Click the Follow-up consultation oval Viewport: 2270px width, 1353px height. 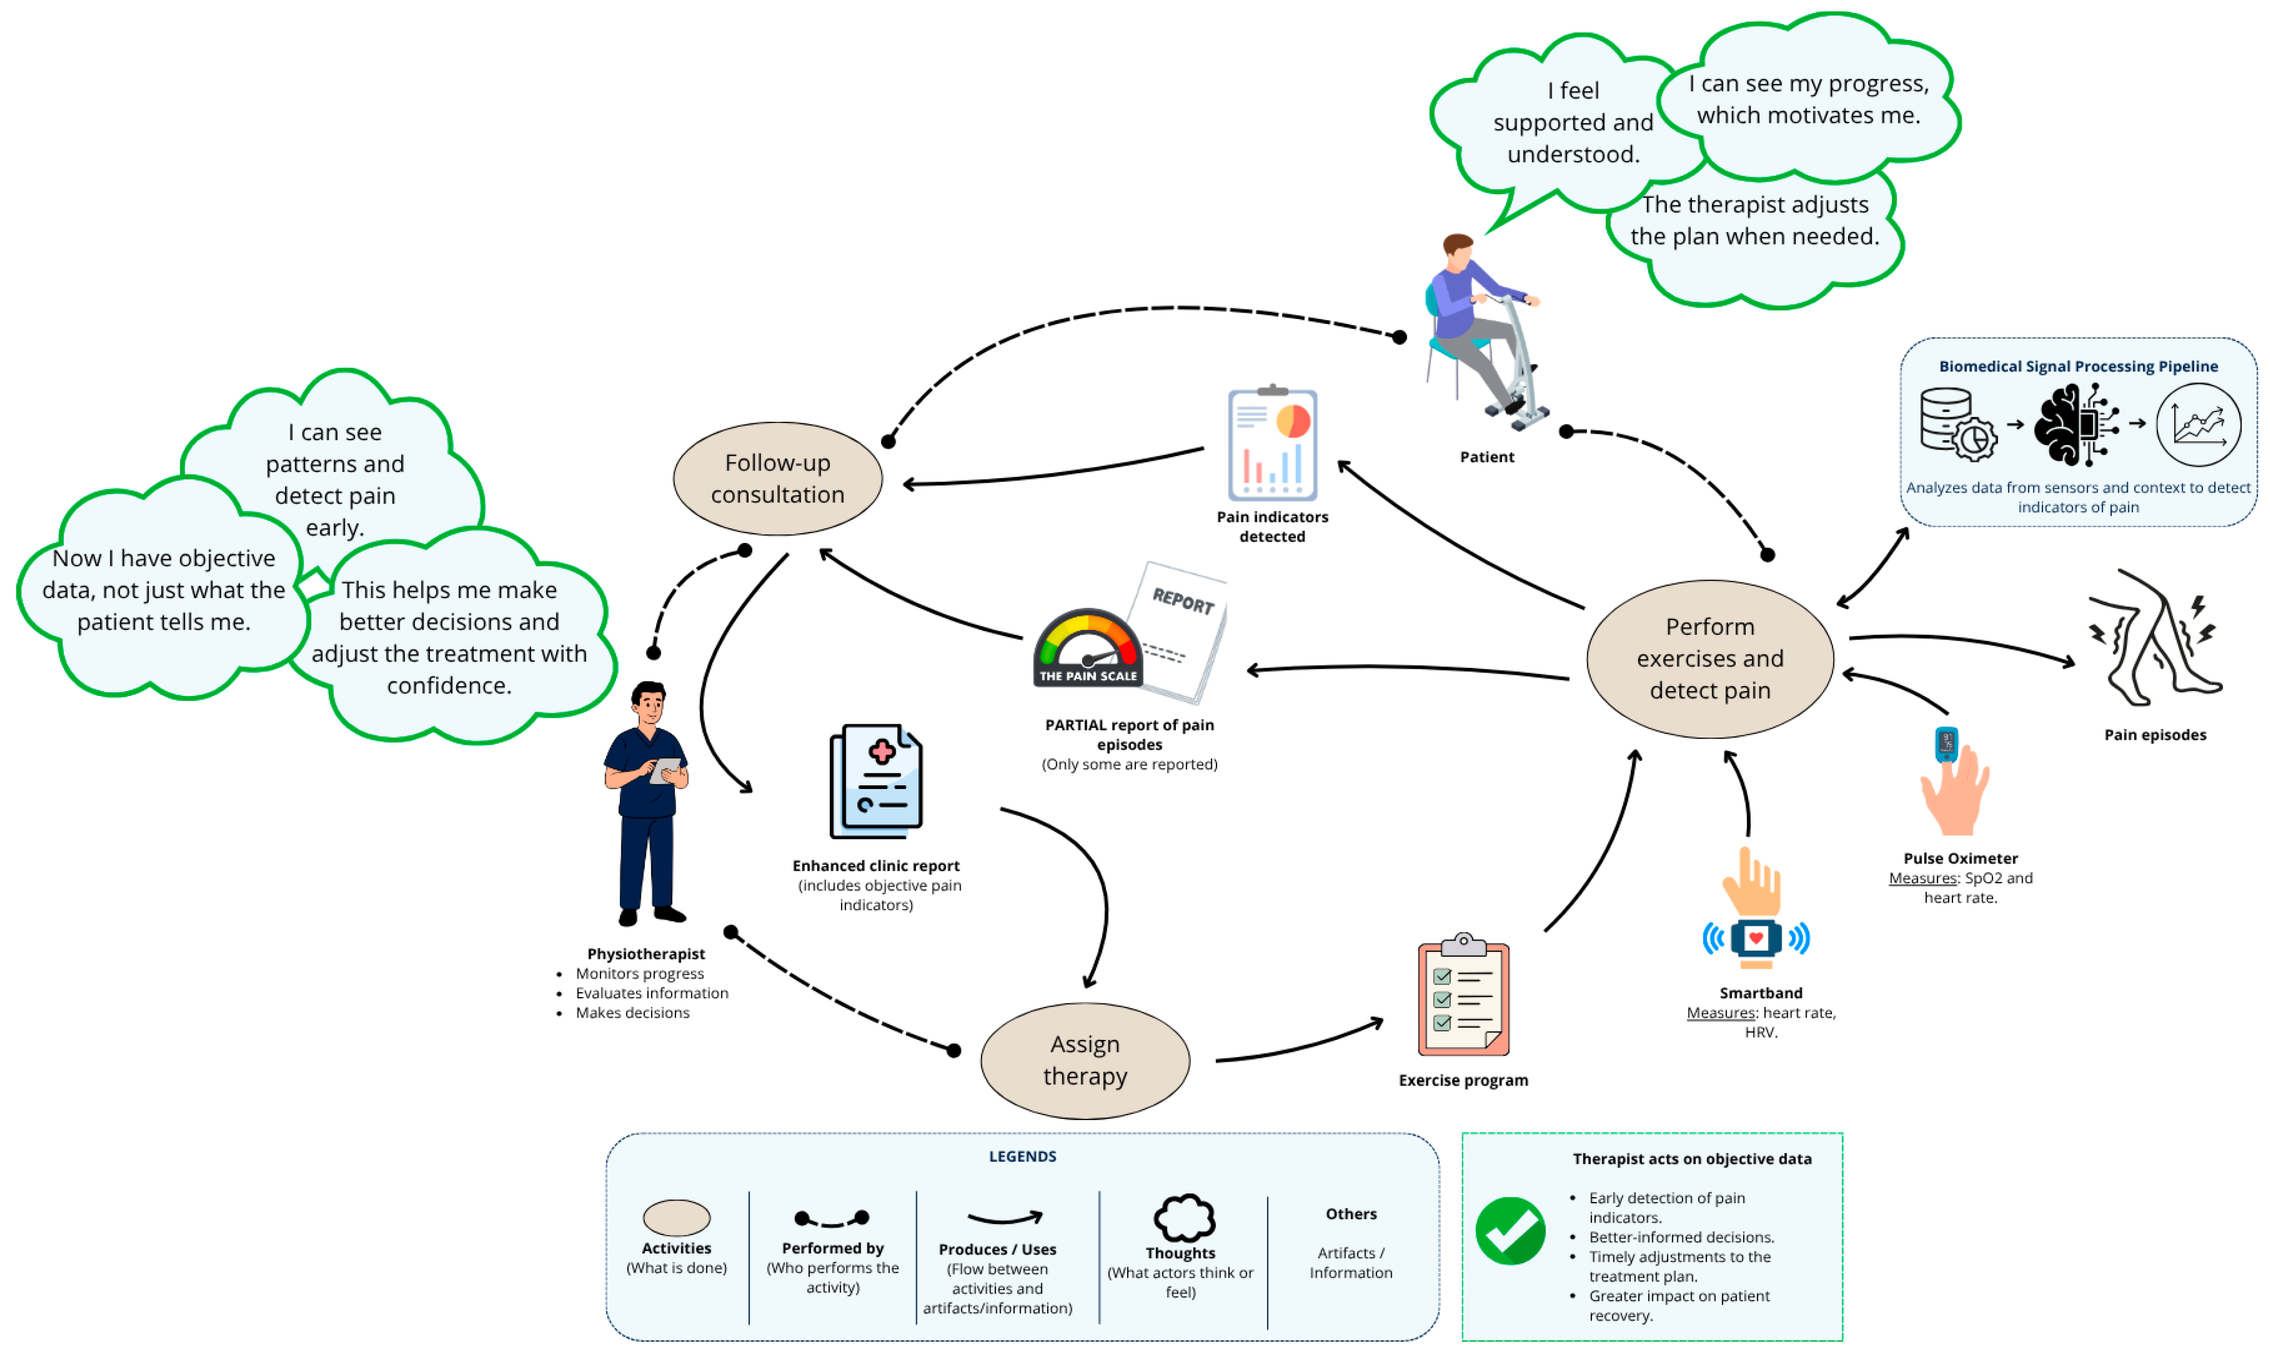pyautogui.click(x=778, y=479)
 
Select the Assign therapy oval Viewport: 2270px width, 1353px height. pyautogui.click(x=1085, y=1060)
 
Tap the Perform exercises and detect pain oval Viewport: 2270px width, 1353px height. pyautogui.click(x=1710, y=658)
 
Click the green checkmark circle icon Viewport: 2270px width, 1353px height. pyautogui.click(x=1511, y=1231)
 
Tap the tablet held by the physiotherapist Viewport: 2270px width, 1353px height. pyautogui.click(x=665, y=771)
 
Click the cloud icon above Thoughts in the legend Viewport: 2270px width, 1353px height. pyautogui.click(x=1184, y=1218)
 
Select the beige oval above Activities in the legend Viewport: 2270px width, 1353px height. pyautogui.click(x=677, y=1218)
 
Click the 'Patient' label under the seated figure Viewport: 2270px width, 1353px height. pyautogui.click(x=1487, y=457)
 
